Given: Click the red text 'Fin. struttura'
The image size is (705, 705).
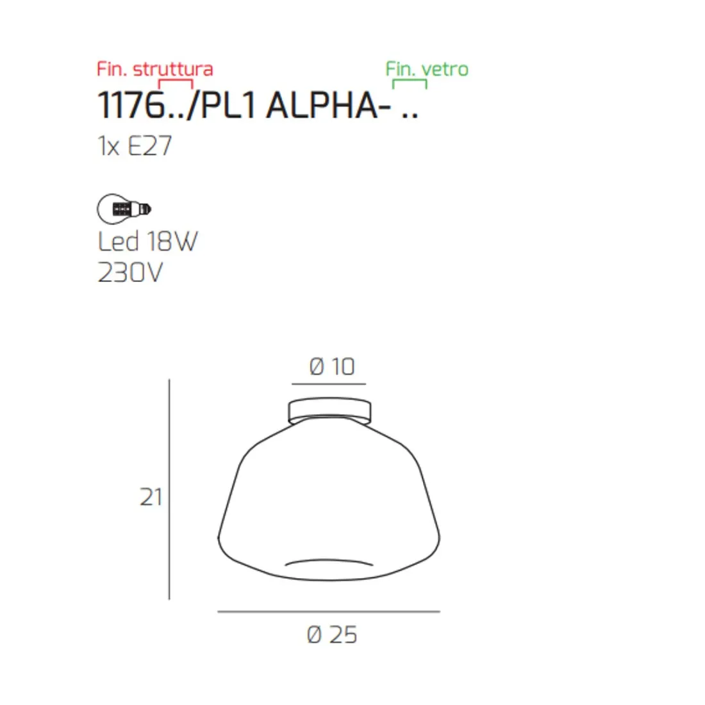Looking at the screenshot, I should [x=154, y=69].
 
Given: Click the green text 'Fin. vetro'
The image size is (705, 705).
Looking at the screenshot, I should [x=427, y=69].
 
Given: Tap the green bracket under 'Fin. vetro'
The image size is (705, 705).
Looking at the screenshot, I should [x=410, y=82].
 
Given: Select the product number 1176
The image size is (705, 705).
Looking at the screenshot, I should [x=129, y=105].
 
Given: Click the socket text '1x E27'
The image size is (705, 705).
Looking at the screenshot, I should [x=135, y=146].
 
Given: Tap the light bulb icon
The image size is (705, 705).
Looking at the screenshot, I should [x=124, y=208].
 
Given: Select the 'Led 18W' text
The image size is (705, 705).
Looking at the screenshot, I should [x=147, y=242].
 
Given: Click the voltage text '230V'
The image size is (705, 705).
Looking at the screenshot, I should [x=130, y=273].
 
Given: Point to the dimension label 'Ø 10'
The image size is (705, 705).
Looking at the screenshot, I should [x=331, y=367].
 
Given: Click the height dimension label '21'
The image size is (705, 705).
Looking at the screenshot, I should [x=151, y=497].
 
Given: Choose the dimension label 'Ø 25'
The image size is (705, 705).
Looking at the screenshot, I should [x=331, y=634].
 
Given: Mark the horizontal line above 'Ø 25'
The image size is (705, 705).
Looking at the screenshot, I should [x=329, y=611].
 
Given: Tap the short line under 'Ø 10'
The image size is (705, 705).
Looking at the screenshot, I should [x=329, y=384].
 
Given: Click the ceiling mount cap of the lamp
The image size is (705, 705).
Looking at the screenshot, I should [x=329, y=411].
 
